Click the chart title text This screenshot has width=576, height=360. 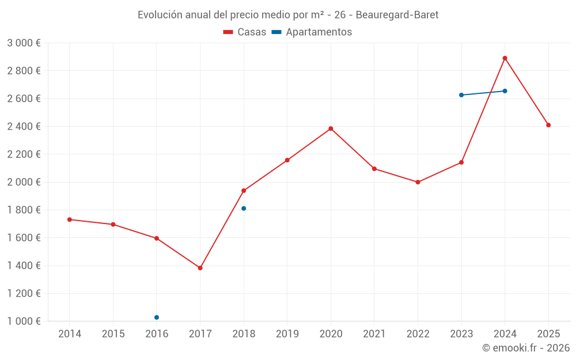288,15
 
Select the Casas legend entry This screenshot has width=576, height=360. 245,32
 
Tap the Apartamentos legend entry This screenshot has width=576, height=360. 312,32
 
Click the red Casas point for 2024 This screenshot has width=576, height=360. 505,58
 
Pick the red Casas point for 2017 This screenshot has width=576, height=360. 200,268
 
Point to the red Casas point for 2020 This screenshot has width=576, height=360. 331,128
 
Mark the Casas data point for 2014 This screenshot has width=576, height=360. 70,219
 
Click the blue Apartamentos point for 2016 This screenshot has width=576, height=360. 157,317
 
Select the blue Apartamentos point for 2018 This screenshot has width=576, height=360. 244,209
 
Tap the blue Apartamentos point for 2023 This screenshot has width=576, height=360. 461,95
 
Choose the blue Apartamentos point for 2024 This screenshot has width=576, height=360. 505,91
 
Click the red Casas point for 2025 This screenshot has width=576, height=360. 548,125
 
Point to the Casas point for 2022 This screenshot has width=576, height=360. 418,182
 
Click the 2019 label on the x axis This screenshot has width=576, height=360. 287,334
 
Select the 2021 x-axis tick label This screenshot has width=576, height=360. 374,334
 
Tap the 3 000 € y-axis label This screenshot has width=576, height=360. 24,43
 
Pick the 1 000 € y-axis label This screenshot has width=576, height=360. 24,321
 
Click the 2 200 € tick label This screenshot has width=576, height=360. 24,154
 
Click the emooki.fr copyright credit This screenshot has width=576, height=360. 526,348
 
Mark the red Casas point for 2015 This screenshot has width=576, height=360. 113,224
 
